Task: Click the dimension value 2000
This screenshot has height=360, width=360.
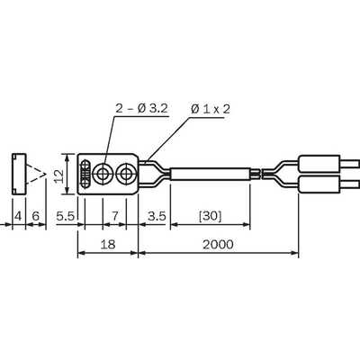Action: (218, 245)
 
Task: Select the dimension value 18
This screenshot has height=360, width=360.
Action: (108, 245)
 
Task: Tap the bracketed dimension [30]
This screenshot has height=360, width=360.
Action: (210, 216)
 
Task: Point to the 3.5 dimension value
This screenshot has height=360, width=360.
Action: (157, 216)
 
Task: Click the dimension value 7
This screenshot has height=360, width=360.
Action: (115, 216)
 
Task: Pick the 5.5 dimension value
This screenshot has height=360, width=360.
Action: (65, 216)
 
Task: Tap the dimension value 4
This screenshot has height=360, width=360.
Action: (18, 216)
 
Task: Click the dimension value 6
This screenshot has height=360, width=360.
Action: (36, 216)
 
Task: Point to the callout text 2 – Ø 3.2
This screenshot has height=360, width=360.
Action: (141, 108)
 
